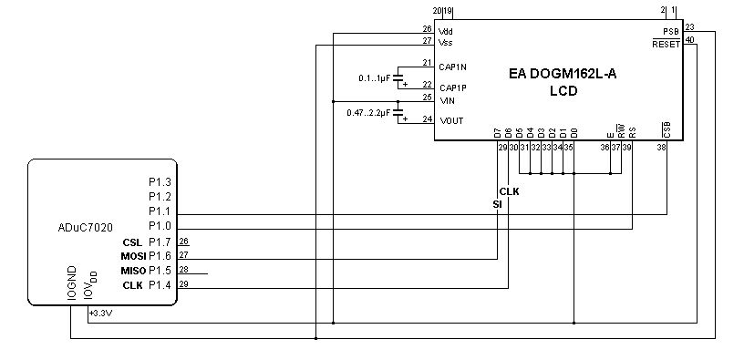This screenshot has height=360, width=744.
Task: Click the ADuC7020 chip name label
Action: tap(86, 228)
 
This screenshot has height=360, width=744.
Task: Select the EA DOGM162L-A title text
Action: tap(563, 74)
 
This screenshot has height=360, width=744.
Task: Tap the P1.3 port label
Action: tap(160, 181)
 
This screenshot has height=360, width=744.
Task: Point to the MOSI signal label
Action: tap(133, 257)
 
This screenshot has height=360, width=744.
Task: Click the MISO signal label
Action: tap(133, 271)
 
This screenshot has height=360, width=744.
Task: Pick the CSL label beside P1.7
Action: tap(132, 242)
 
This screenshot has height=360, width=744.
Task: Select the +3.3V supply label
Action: tap(100, 314)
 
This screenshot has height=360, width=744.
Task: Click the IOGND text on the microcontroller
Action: tap(72, 283)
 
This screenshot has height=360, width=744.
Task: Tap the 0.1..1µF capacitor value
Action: tap(374, 78)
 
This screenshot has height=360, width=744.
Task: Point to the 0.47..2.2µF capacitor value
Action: tap(368, 113)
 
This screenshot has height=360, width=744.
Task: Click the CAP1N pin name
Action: tap(452, 67)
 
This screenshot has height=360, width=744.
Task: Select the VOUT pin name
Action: tap(451, 121)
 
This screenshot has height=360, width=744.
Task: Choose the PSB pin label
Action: tap(671, 32)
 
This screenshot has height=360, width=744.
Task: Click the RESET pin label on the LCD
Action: tap(666, 45)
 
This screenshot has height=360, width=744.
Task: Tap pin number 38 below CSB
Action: tap(661, 148)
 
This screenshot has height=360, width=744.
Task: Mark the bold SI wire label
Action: tap(497, 204)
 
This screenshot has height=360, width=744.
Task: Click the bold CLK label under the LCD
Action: tap(509, 191)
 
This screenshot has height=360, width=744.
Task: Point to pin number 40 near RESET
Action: tap(690, 40)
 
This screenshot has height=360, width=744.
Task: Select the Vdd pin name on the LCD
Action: tap(446, 32)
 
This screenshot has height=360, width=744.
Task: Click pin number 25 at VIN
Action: tap(428, 98)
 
